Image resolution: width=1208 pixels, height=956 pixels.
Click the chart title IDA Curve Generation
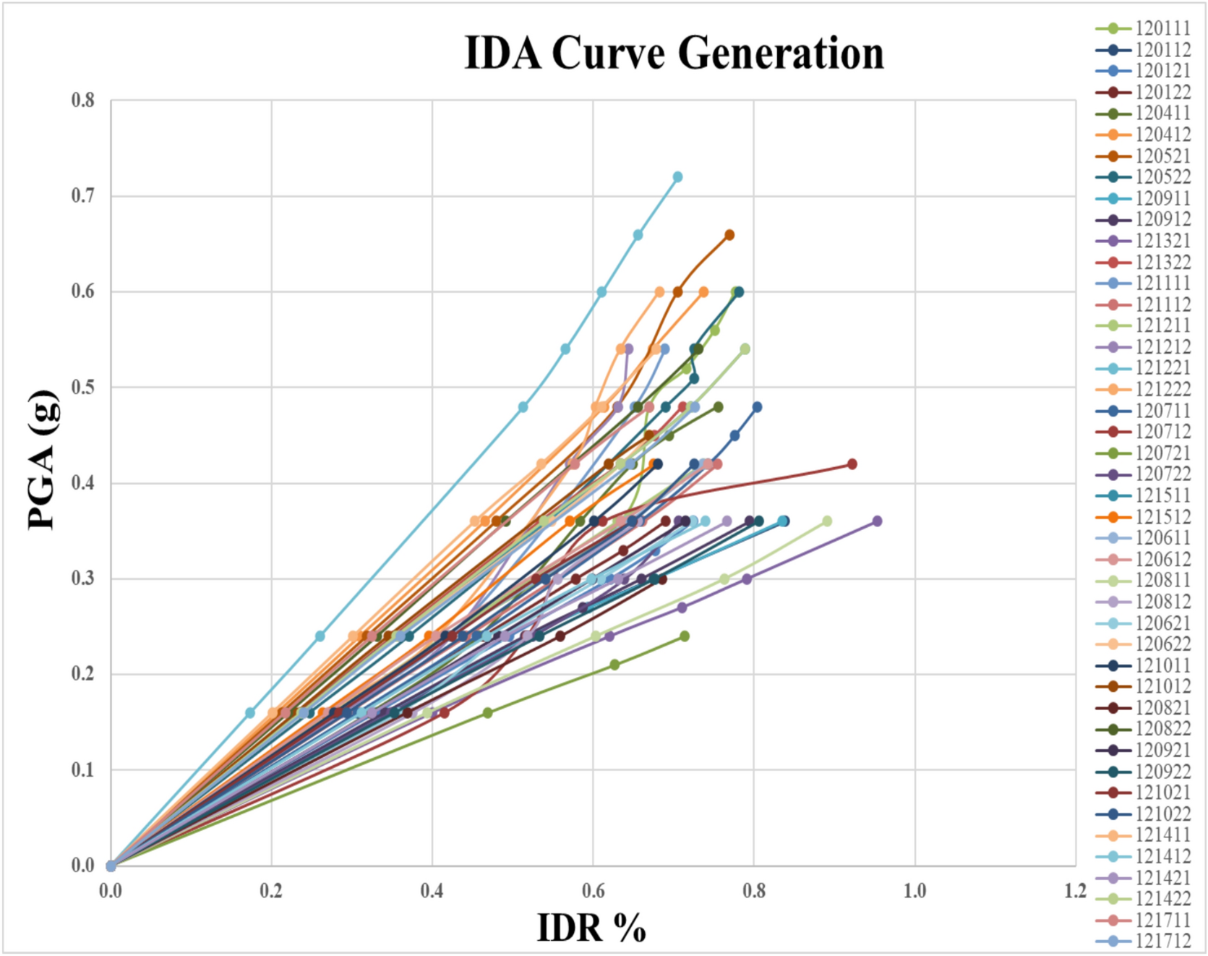coord(674,54)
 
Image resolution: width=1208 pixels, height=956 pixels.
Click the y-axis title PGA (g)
coord(41,460)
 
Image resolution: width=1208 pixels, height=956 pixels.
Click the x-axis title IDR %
coord(591,928)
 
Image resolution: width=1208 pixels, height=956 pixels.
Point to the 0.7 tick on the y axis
coord(83,196)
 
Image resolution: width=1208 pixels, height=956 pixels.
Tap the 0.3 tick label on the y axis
coord(83,579)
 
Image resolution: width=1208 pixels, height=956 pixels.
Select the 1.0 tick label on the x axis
coord(914,891)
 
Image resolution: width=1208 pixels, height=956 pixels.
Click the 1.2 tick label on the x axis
coord(1075,891)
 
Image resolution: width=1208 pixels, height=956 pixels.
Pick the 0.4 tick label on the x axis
coord(432,891)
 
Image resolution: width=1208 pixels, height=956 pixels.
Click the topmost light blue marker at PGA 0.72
coord(677,177)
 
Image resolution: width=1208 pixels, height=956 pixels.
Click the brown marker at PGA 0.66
coord(729,235)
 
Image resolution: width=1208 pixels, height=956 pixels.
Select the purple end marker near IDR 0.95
coord(877,521)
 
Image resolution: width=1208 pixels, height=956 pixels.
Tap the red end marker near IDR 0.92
coord(852,464)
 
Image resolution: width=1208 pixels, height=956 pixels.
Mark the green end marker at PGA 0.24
coord(685,636)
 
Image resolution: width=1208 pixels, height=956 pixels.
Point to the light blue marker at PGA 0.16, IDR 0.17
coord(250,713)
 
